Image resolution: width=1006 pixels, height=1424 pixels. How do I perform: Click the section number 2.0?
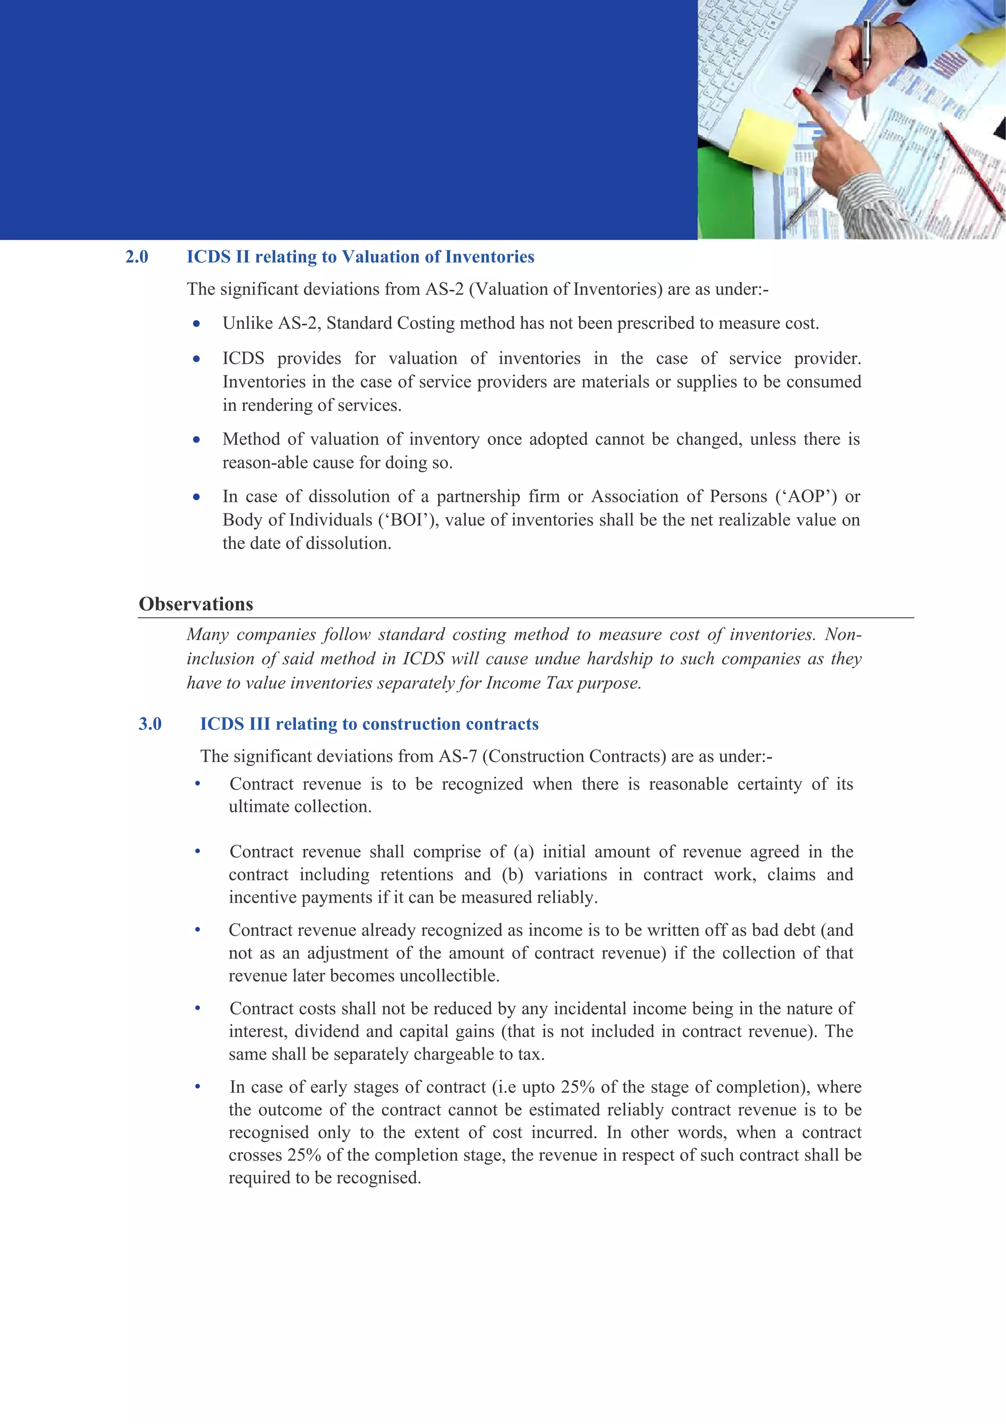click(137, 257)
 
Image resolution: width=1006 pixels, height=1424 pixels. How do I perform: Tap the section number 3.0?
click(150, 724)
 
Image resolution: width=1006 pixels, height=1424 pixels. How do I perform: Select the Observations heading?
click(196, 604)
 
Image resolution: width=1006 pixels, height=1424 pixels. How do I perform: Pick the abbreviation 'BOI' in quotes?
click(408, 520)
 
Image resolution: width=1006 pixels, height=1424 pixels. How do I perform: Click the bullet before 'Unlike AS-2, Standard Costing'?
click(196, 324)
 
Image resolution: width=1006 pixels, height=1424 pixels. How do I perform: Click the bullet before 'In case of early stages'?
click(198, 1087)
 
